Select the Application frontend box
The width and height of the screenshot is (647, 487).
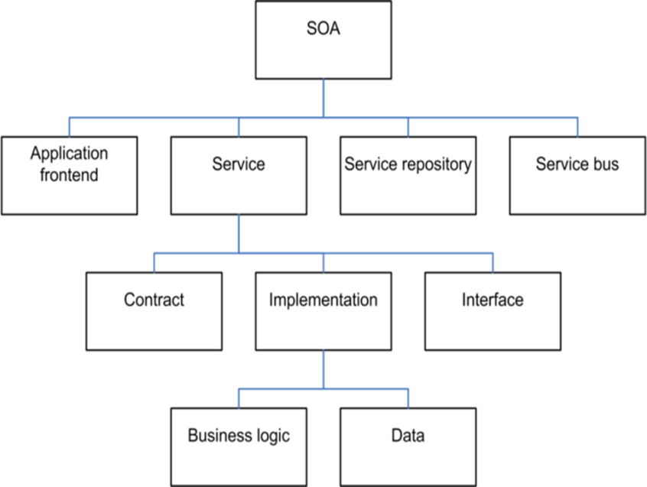70,175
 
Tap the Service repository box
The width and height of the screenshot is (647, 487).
408,175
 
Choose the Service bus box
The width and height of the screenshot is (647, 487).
577,175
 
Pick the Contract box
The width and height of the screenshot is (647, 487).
154,311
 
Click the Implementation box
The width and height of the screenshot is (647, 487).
323,311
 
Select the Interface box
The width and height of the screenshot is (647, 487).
493,311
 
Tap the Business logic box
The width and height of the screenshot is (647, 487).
239,446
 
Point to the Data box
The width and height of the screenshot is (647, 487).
408,446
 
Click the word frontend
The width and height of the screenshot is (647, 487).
69,175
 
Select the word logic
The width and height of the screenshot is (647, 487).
273,437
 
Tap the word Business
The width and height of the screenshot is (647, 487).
219,436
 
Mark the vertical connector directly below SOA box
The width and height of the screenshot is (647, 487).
323,98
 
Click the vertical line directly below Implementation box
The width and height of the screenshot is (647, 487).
323,369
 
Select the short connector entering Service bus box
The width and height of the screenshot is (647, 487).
577,127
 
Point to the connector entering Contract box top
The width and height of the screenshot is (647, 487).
154,262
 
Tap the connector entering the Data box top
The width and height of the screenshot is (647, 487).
408,398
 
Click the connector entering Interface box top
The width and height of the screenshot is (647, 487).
493,262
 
